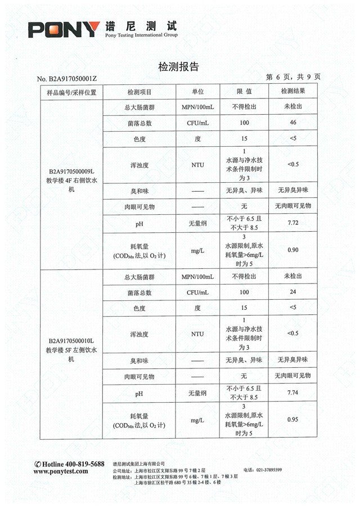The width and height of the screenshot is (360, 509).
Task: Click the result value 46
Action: [292, 123]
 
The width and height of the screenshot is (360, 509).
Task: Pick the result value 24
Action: [292, 292]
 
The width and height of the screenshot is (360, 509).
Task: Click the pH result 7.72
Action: [292, 223]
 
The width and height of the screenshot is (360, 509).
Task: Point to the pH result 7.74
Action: [292, 393]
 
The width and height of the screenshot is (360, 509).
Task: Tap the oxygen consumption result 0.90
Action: [292, 250]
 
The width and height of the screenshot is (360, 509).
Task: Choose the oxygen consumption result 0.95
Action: [292, 420]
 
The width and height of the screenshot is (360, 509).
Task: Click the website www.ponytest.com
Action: [61, 472]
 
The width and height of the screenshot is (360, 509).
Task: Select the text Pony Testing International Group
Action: [141, 35]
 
